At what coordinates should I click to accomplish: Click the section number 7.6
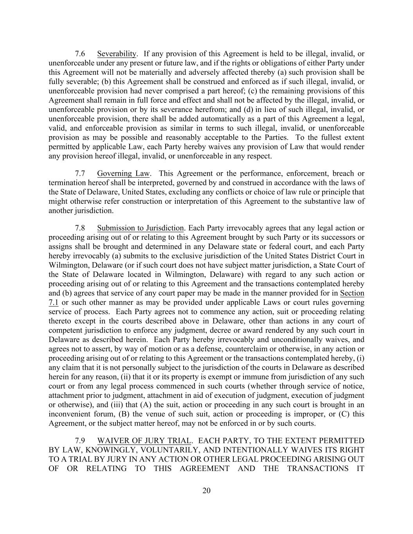click(x=80, y=54)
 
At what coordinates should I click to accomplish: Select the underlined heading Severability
click(x=117, y=54)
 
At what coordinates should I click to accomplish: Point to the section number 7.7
click(x=80, y=173)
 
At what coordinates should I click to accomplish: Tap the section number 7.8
click(x=80, y=228)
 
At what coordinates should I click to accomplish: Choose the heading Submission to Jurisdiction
click(x=140, y=228)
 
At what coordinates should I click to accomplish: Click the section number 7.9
click(x=80, y=441)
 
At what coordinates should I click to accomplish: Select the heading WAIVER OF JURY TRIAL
click(x=144, y=441)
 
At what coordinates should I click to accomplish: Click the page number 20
click(x=206, y=491)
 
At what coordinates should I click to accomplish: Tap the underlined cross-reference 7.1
click(x=53, y=302)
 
